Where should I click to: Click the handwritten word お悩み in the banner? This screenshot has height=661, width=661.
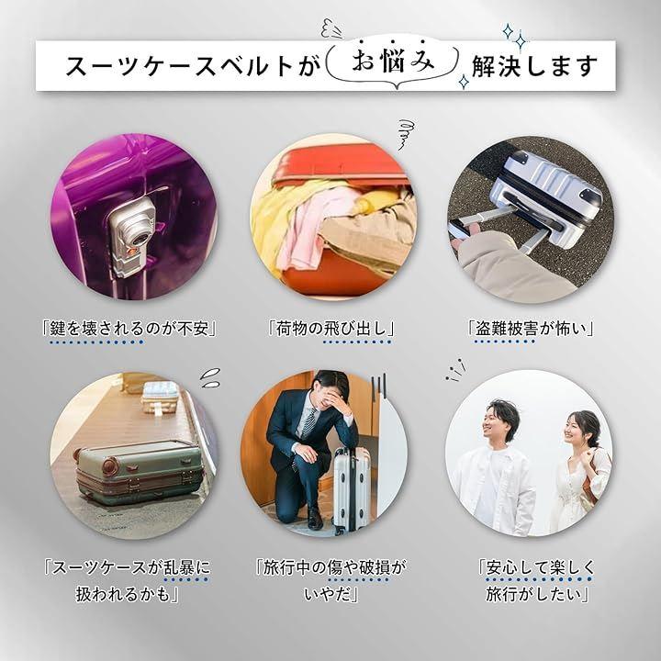[393, 62]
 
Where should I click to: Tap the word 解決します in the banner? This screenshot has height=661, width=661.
[534, 66]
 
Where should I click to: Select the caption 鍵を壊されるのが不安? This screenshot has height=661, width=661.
[129, 328]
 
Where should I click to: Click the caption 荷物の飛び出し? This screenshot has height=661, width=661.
[331, 328]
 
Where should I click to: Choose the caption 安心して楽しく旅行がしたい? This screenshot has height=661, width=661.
[537, 580]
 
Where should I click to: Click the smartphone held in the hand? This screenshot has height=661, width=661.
[460, 230]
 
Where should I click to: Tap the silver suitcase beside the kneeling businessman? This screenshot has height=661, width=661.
[351, 489]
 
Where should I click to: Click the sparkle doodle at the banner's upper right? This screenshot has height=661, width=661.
[516, 37]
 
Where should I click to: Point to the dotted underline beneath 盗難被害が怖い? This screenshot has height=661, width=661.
[505, 342]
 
